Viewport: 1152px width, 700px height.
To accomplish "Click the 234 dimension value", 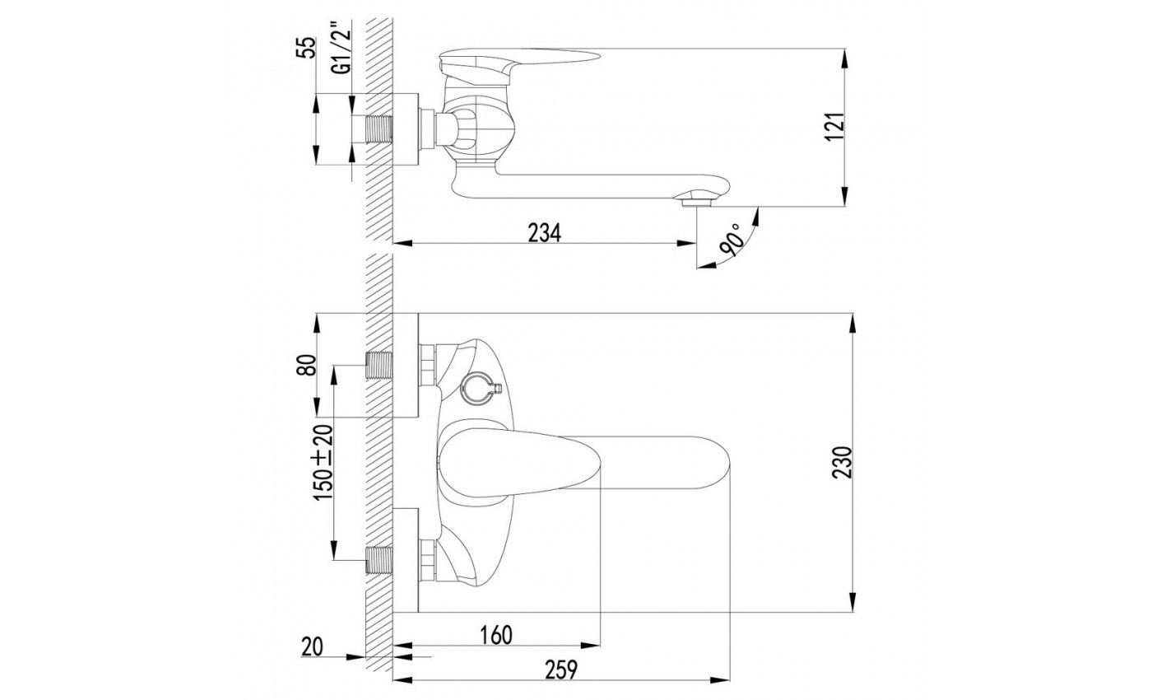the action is pos(545,232).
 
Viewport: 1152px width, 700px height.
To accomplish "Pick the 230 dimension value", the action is pos(842,462).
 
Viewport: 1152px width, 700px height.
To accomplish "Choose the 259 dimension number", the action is pos(560,670).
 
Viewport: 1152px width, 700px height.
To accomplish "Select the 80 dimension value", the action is pos(308,365).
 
